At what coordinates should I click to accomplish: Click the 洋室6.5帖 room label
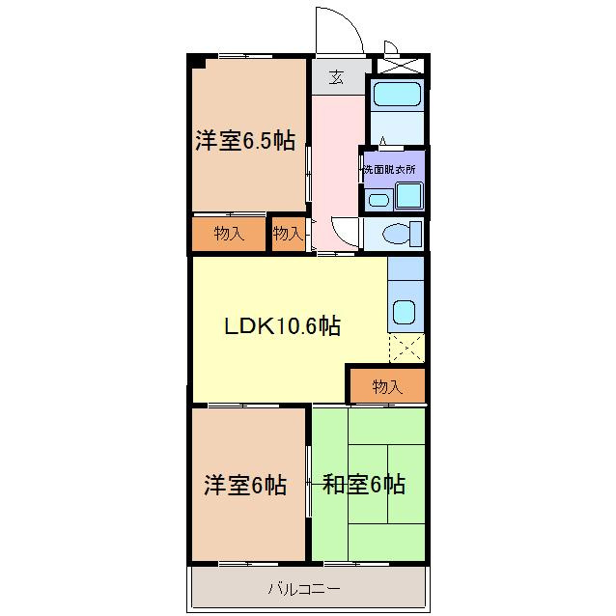(x=245, y=141)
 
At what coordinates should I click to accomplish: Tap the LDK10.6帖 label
(x=282, y=326)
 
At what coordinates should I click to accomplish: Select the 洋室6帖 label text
(x=245, y=486)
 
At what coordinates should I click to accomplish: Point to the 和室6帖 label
(x=363, y=485)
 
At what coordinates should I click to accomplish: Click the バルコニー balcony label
(x=304, y=589)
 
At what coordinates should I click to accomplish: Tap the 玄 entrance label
(x=336, y=77)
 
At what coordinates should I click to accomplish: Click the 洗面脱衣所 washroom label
(x=389, y=170)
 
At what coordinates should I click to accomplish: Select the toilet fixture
(x=402, y=235)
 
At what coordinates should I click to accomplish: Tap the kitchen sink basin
(x=404, y=312)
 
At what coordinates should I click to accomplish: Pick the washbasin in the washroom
(x=379, y=200)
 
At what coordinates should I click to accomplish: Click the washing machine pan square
(x=409, y=196)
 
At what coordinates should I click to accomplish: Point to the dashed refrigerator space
(x=406, y=349)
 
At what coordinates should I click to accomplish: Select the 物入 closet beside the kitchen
(x=387, y=386)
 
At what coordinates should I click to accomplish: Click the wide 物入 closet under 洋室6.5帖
(x=229, y=235)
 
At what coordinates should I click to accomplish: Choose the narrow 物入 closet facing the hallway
(x=289, y=235)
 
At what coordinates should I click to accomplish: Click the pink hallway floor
(x=336, y=173)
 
